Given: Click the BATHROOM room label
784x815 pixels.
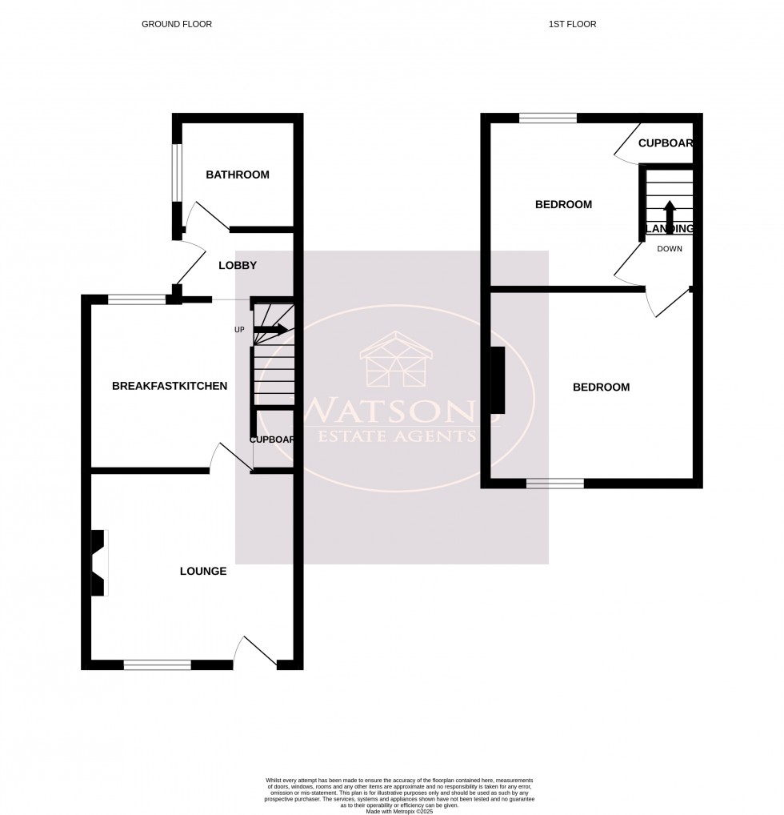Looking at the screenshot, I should coord(237,175).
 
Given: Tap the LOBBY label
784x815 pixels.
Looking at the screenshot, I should coord(237,266).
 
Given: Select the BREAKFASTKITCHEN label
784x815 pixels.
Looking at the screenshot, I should coord(170,386).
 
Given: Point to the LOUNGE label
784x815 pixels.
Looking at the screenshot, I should coord(202,572).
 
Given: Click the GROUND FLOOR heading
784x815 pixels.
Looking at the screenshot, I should coord(177,24).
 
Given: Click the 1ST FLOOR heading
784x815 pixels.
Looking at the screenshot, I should coord(572,24).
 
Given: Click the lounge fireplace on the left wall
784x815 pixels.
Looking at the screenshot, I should coord(98,563).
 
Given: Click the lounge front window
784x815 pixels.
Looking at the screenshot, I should coord(157,664).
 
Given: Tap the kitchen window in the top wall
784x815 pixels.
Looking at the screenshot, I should coord(137,300).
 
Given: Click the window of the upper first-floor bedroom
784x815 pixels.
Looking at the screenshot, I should coord(548,118).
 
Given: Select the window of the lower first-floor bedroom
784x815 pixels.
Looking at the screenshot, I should coord(554,483).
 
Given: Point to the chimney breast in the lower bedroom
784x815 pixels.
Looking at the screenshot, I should coord(498,379).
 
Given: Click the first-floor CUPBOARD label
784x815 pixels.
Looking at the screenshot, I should coord(665,144).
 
